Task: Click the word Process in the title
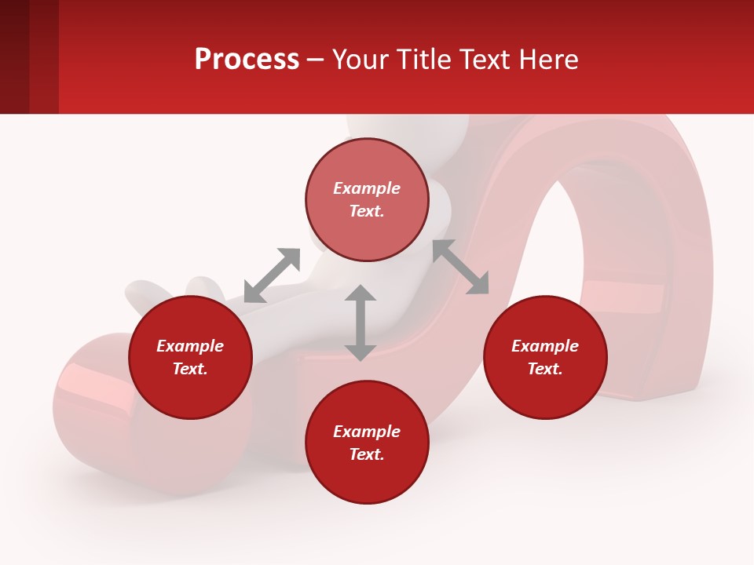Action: tap(247, 60)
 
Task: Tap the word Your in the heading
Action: tap(360, 60)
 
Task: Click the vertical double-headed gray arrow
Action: tap(361, 323)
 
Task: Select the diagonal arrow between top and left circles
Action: tap(272, 275)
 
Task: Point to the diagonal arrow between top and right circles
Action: tap(460, 267)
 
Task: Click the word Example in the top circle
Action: tap(367, 188)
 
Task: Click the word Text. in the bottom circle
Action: tap(367, 454)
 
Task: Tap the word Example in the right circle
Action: tap(545, 346)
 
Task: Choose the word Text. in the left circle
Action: tap(190, 369)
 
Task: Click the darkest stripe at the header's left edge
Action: tap(14, 56)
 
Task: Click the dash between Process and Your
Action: tap(315, 60)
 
